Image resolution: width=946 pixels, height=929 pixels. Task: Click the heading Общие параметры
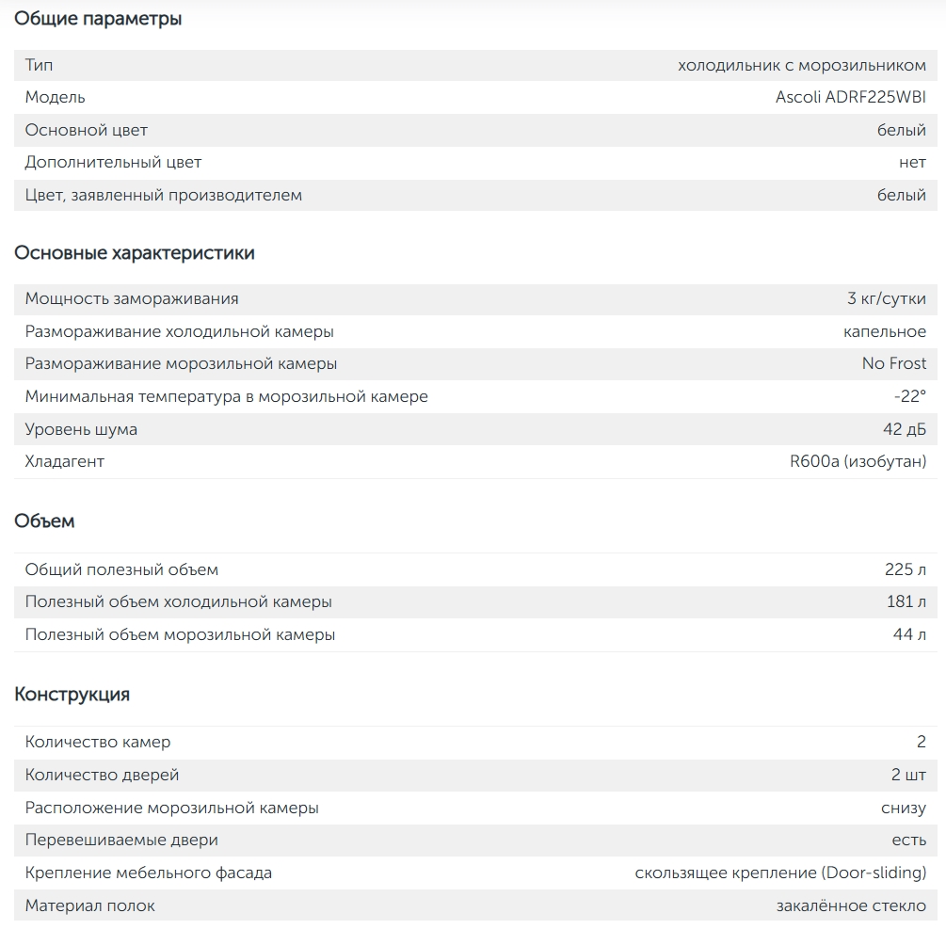(x=98, y=19)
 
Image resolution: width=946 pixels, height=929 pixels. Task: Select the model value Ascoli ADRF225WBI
(x=850, y=97)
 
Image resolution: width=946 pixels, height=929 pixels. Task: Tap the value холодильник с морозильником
(x=801, y=65)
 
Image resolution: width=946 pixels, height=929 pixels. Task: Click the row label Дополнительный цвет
(x=113, y=162)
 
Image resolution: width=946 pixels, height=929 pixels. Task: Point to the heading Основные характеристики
(x=134, y=253)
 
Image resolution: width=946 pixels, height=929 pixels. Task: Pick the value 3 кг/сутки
(x=886, y=298)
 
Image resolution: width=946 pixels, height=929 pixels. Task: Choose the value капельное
(x=884, y=331)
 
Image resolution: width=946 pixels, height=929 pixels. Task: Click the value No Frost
(x=893, y=363)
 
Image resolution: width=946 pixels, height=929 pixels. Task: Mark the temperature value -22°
(x=909, y=396)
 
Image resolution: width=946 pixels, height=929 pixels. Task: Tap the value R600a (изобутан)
(x=858, y=461)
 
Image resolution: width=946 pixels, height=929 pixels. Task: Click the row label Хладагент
(x=65, y=461)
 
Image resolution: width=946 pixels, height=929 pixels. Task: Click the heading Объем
(x=44, y=521)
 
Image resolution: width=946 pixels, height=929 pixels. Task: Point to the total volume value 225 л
(x=905, y=569)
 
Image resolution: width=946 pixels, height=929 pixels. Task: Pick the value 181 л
(x=906, y=601)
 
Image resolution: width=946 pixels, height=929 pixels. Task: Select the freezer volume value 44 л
(x=908, y=634)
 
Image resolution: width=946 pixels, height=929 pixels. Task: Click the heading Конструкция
(x=72, y=695)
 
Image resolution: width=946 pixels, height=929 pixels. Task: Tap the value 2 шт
(x=907, y=775)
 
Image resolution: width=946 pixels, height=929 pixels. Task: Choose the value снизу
(x=903, y=808)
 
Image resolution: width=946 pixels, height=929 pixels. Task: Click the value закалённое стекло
(x=851, y=905)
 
